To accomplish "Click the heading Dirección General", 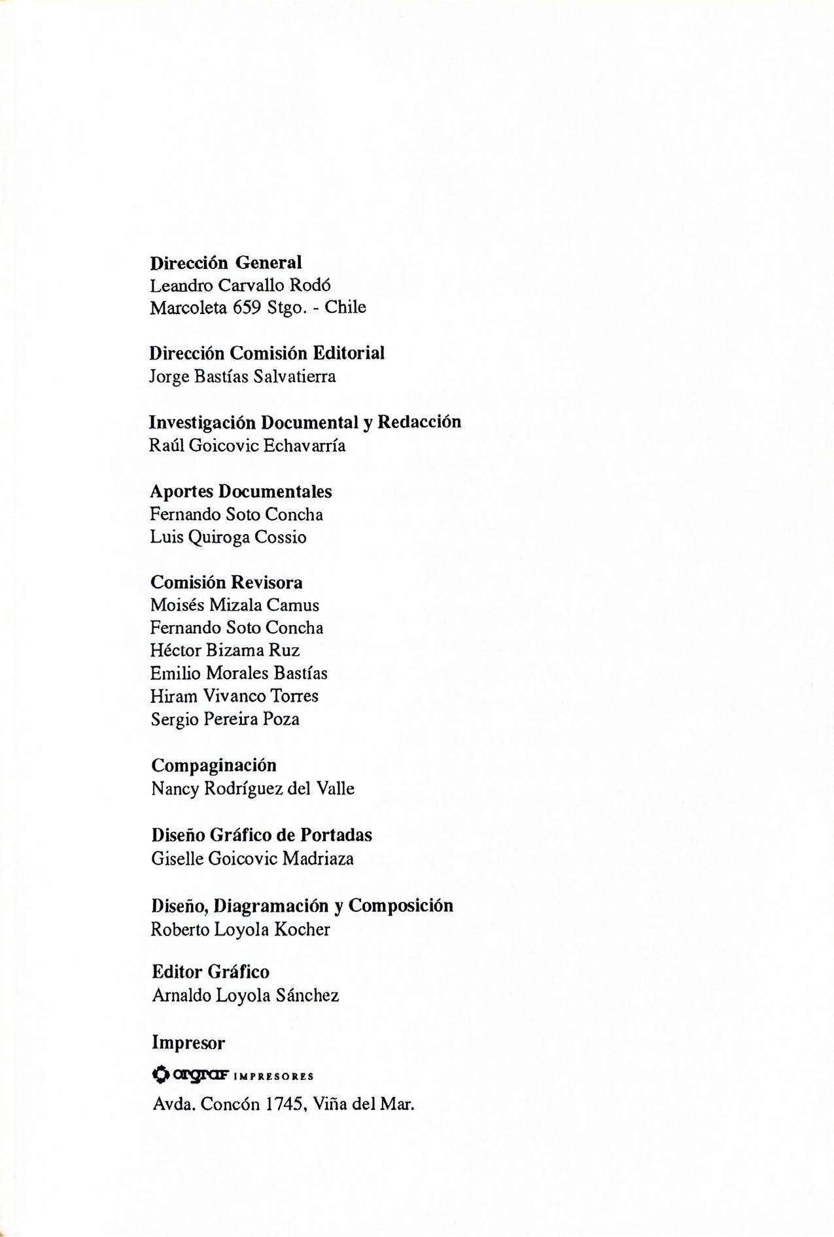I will [226, 263].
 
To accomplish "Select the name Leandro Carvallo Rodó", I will [240, 286].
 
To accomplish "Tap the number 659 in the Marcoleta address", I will [247, 308].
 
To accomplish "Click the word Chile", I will [345, 308].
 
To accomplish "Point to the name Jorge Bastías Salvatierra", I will [243, 377].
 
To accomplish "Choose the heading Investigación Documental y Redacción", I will [305, 422].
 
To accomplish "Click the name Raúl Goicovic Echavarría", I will [248, 446].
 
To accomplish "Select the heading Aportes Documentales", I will [241, 492].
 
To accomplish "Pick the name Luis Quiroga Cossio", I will [228, 537].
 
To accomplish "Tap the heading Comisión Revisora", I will [226, 583].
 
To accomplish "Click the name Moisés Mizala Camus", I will [235, 605].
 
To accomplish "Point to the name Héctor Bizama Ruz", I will [225, 651].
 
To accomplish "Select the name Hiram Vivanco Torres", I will [234, 696].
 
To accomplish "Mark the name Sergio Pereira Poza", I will [225, 719].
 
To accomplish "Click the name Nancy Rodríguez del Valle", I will [252, 789].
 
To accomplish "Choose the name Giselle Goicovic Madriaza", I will [252, 859].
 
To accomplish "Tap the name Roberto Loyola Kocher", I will [240, 929].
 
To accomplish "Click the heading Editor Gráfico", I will [211, 972].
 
